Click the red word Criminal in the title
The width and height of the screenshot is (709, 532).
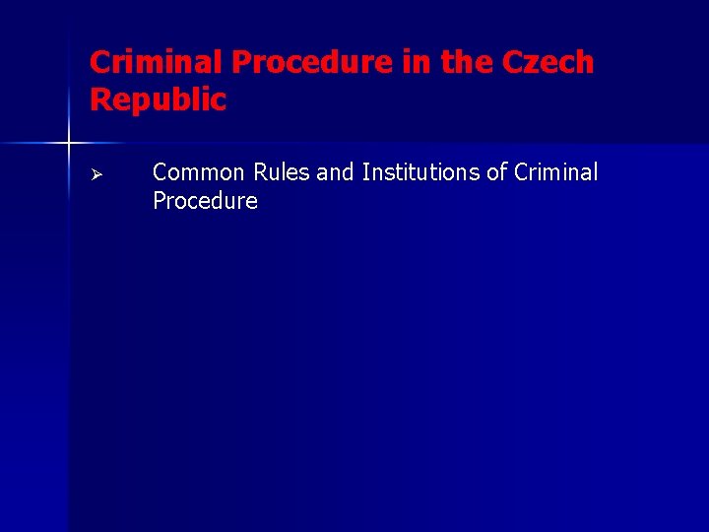[x=158, y=63]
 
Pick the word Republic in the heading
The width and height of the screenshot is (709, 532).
[x=158, y=100]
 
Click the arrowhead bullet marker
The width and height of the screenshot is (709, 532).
[x=97, y=174]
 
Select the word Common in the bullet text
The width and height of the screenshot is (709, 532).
[x=199, y=172]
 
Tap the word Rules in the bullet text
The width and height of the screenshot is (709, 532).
[x=283, y=172]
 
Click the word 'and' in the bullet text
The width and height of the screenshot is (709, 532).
[x=336, y=172]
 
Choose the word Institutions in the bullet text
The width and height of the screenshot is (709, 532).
[x=421, y=172]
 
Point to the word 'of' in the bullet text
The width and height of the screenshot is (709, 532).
[x=497, y=172]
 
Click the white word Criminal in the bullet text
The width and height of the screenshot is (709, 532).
[x=555, y=172]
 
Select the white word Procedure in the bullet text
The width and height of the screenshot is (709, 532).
[x=205, y=202]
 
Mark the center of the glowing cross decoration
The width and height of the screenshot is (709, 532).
[x=69, y=144]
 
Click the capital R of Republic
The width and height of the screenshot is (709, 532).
[x=99, y=100]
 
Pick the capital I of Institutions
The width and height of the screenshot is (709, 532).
[x=365, y=172]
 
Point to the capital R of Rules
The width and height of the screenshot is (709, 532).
[x=261, y=172]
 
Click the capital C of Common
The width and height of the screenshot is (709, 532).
[x=161, y=172]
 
